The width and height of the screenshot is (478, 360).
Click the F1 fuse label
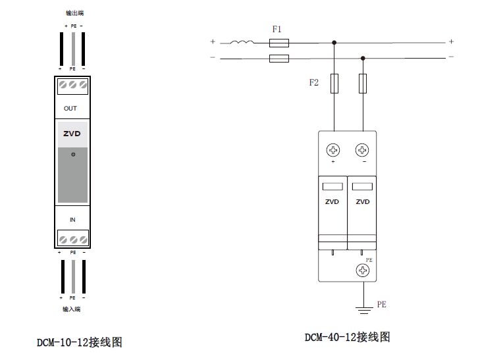tap(277, 30)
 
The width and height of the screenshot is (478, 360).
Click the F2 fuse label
tap(314, 84)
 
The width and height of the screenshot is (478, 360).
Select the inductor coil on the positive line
tap(242, 43)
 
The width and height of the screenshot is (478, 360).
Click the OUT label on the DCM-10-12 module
tap(70, 109)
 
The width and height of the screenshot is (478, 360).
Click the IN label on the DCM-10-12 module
tap(72, 219)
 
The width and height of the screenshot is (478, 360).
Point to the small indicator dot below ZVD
tap(73, 154)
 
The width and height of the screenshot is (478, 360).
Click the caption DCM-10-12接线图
tap(80, 342)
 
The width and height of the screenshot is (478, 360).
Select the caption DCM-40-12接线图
tap(347, 337)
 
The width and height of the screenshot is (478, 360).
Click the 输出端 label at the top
tap(74, 13)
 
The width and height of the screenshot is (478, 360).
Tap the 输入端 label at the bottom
tap(72, 308)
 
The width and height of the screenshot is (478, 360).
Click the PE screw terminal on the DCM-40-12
tap(361, 270)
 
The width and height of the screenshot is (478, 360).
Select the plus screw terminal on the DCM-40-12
tap(333, 149)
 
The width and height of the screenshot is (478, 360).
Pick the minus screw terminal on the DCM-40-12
tap(362, 149)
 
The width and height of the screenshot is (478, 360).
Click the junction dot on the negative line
tap(362, 59)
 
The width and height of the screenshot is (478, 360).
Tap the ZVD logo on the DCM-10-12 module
tap(72, 133)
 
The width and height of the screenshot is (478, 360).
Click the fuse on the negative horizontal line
tap(279, 59)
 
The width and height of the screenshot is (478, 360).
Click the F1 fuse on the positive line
tap(279, 43)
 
